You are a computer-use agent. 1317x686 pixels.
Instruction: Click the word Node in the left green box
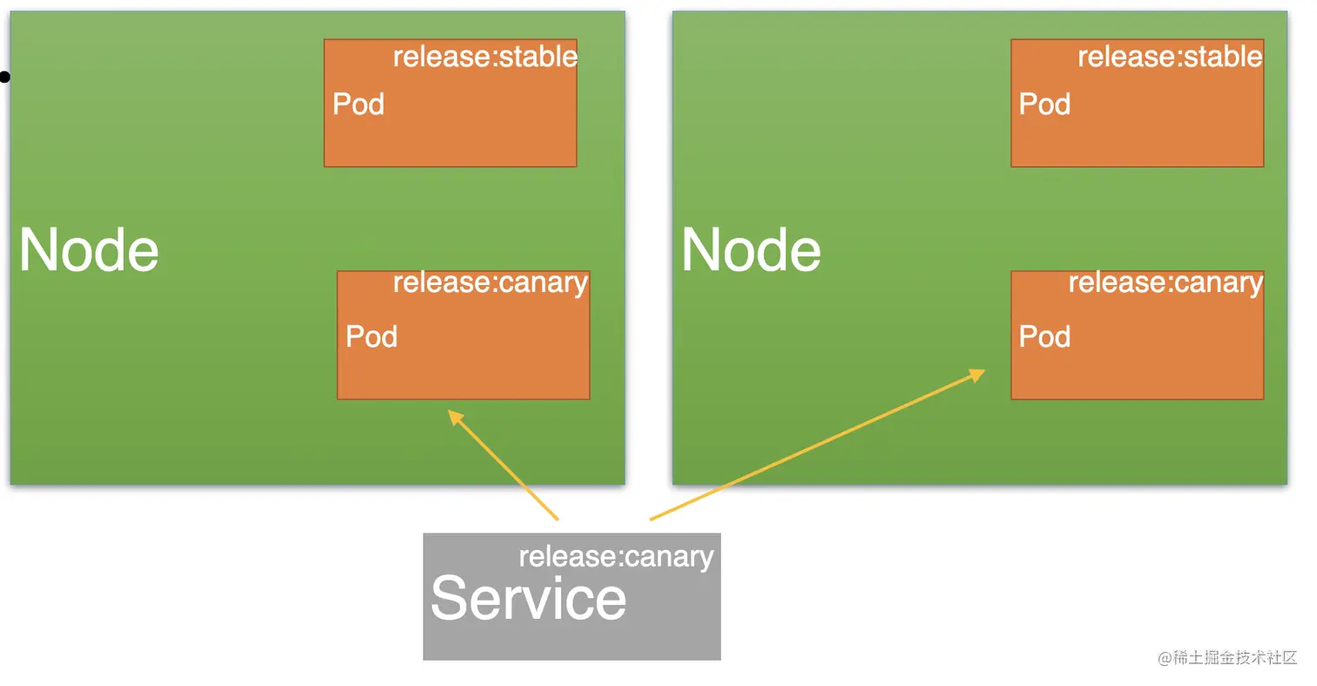coord(89,250)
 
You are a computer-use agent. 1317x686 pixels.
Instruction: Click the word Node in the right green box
coord(751,250)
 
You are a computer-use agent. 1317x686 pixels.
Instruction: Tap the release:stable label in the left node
coord(485,57)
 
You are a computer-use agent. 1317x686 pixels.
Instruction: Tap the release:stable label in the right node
coord(1170,57)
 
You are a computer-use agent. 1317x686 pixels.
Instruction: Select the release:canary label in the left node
coord(490,283)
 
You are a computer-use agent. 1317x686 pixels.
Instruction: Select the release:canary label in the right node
coord(1166,283)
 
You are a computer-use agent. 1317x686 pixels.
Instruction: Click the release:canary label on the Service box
coord(616,558)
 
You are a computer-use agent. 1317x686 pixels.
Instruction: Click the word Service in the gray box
coord(529,598)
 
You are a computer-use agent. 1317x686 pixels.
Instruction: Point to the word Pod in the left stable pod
coord(358,104)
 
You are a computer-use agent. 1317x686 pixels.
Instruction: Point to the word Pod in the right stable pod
coord(1044,104)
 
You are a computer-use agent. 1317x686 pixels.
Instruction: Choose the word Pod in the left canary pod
coord(371,336)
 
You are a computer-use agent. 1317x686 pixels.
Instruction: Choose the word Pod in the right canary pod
coord(1044,336)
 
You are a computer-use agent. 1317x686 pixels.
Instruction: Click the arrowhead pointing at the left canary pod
coord(455,417)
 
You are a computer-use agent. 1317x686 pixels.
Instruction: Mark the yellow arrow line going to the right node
coord(817,445)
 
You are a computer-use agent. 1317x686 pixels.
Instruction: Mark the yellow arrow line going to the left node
coord(503,465)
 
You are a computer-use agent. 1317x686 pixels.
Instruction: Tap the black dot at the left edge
coord(4,77)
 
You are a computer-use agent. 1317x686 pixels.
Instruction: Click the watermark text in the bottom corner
coord(1227,657)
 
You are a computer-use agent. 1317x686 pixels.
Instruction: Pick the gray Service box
coord(572,596)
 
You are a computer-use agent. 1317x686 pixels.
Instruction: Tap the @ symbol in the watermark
coord(1164,658)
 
